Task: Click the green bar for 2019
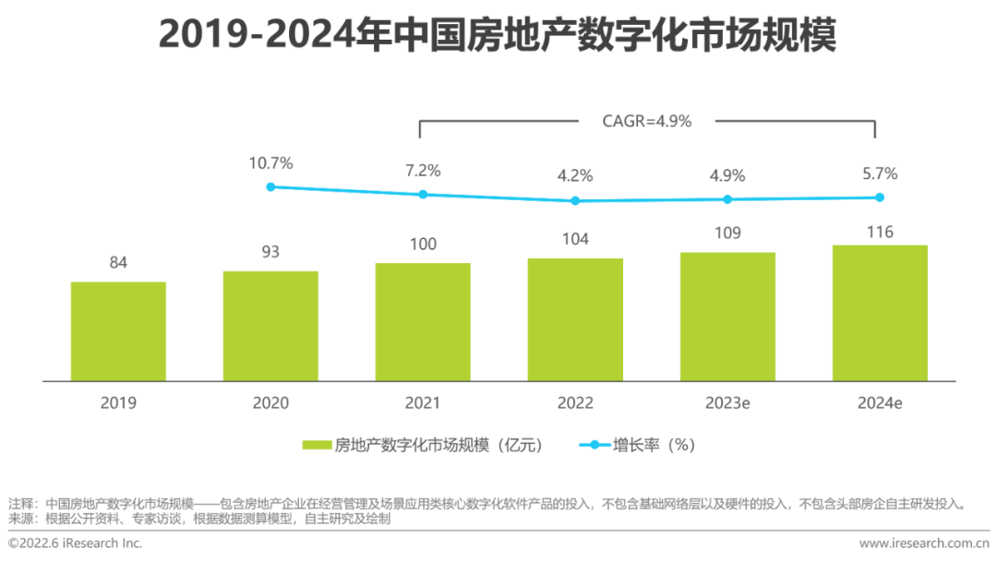point(118,331)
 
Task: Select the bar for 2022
point(575,319)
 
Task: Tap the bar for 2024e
point(880,313)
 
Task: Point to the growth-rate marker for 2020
point(270,186)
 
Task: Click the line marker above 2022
point(575,200)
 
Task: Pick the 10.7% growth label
point(270,163)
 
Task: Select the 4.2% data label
point(575,176)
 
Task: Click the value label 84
point(118,263)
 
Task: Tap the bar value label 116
point(880,232)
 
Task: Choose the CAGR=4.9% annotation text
point(646,121)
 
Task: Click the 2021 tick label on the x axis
point(423,403)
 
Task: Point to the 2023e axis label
point(727,403)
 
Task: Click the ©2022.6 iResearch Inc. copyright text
point(76,544)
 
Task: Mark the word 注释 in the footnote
point(20,505)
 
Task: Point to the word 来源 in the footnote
point(20,520)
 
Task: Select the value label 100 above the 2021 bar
point(423,245)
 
